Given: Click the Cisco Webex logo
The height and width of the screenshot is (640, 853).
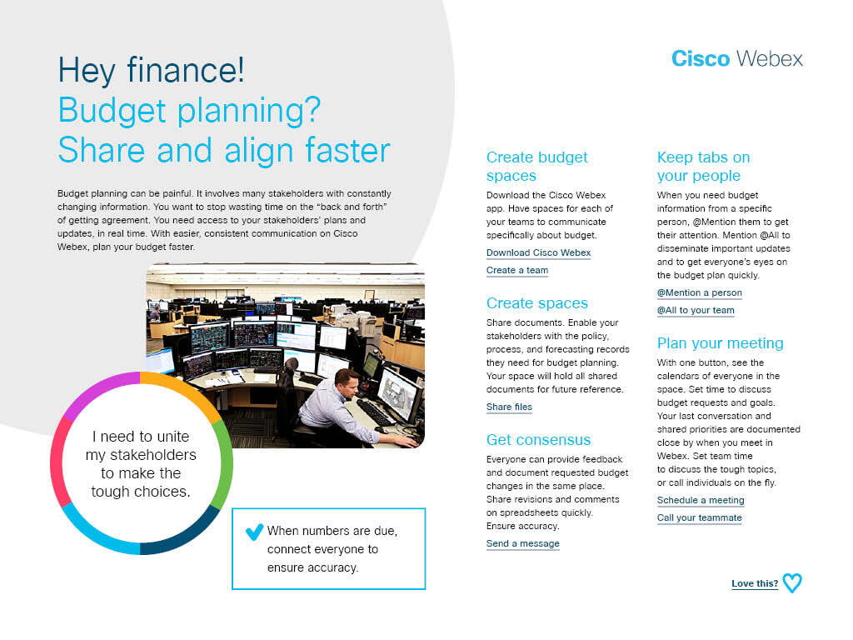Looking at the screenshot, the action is [737, 58].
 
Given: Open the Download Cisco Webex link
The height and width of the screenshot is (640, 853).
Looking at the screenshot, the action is [539, 252].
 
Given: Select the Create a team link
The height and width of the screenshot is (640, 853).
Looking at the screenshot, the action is [517, 270].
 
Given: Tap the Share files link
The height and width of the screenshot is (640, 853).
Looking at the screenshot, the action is [509, 407].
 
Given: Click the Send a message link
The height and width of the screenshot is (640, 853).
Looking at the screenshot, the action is [523, 543].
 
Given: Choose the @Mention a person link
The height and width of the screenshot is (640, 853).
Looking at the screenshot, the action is [700, 292].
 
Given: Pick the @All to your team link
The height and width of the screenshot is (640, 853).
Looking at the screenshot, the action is [696, 310].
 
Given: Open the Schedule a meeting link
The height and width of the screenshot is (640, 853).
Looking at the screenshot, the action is [701, 500].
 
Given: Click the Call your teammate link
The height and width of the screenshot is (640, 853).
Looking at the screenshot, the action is [700, 517].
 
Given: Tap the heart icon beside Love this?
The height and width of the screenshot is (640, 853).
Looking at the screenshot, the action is [792, 582].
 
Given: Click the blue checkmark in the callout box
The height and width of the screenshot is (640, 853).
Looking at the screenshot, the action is [255, 531].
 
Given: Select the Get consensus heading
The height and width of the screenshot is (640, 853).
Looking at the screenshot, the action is [539, 439].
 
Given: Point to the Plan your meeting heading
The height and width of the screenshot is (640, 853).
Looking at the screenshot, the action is [721, 342].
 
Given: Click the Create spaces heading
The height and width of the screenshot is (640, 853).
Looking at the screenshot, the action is [537, 302].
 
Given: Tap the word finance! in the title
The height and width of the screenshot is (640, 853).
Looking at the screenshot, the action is [186, 70].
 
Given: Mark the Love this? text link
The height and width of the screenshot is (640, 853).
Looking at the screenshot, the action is [755, 583].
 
